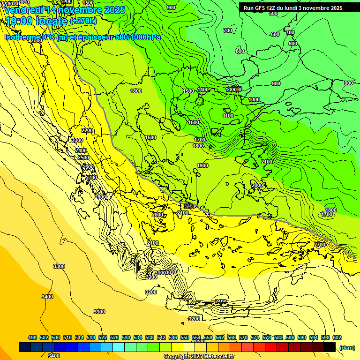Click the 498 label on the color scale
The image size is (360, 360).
(x=32, y=337)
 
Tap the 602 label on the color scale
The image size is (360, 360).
(x=337, y=337)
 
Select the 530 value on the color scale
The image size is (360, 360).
(x=126, y=337)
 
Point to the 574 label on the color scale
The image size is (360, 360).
(x=255, y=337)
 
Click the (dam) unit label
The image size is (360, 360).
(x=347, y=348)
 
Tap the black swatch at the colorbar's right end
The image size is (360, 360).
(x=330, y=347)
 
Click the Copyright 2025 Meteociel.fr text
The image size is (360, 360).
(x=199, y=357)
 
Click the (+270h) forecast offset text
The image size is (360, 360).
(x=83, y=21)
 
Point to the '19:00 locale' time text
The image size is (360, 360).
(x=37, y=21)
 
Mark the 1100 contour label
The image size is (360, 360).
(x=228, y=116)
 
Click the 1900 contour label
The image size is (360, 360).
(x=202, y=165)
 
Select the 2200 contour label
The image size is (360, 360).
(x=87, y=130)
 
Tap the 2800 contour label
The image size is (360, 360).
(x=100, y=197)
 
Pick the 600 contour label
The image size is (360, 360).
(x=275, y=34)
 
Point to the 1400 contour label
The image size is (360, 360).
(x=203, y=90)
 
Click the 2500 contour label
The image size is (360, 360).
(x=83, y=157)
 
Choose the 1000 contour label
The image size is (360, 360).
(x=254, y=99)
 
